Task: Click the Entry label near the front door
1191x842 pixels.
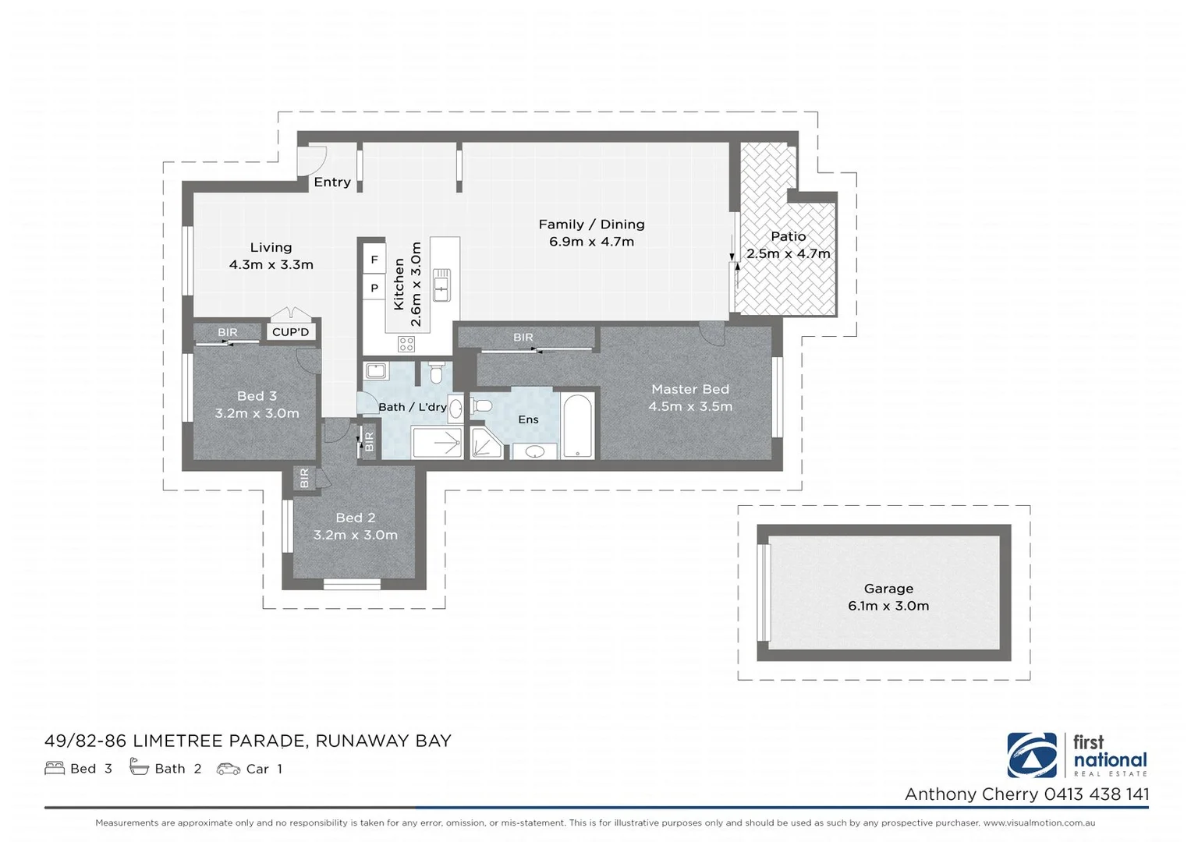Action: coord(332,182)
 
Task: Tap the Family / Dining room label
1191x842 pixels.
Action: coord(591,225)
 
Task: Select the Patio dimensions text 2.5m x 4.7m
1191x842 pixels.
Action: coord(788,253)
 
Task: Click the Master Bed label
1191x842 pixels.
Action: coord(690,389)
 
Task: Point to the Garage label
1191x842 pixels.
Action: coord(888,589)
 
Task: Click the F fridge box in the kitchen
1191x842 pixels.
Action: coord(374,260)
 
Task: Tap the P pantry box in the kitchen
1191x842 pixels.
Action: coord(374,288)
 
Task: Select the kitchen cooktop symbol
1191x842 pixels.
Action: coord(406,343)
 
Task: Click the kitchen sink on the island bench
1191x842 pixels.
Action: coord(441,284)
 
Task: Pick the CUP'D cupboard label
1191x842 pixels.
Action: coord(291,332)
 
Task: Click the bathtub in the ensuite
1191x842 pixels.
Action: coord(577,426)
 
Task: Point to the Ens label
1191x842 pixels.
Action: coord(528,419)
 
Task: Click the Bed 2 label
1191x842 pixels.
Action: coord(356,518)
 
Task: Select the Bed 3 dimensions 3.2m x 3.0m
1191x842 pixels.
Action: coord(257,413)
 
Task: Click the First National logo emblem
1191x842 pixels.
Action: coord(1032,755)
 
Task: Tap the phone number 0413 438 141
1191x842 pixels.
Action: coord(1097,794)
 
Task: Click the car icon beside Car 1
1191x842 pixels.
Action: coord(229,769)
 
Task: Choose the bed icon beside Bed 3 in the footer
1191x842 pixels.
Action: coord(55,769)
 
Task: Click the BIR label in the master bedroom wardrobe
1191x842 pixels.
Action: coord(523,338)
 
